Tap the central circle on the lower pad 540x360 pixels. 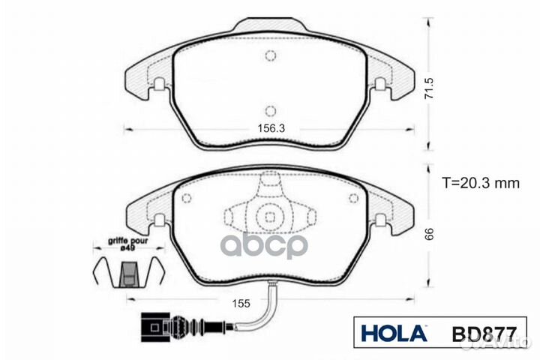[x=269, y=217]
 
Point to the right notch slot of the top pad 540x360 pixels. [x=380, y=85]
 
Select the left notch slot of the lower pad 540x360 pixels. [x=159, y=220]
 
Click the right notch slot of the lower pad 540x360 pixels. [x=380, y=220]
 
